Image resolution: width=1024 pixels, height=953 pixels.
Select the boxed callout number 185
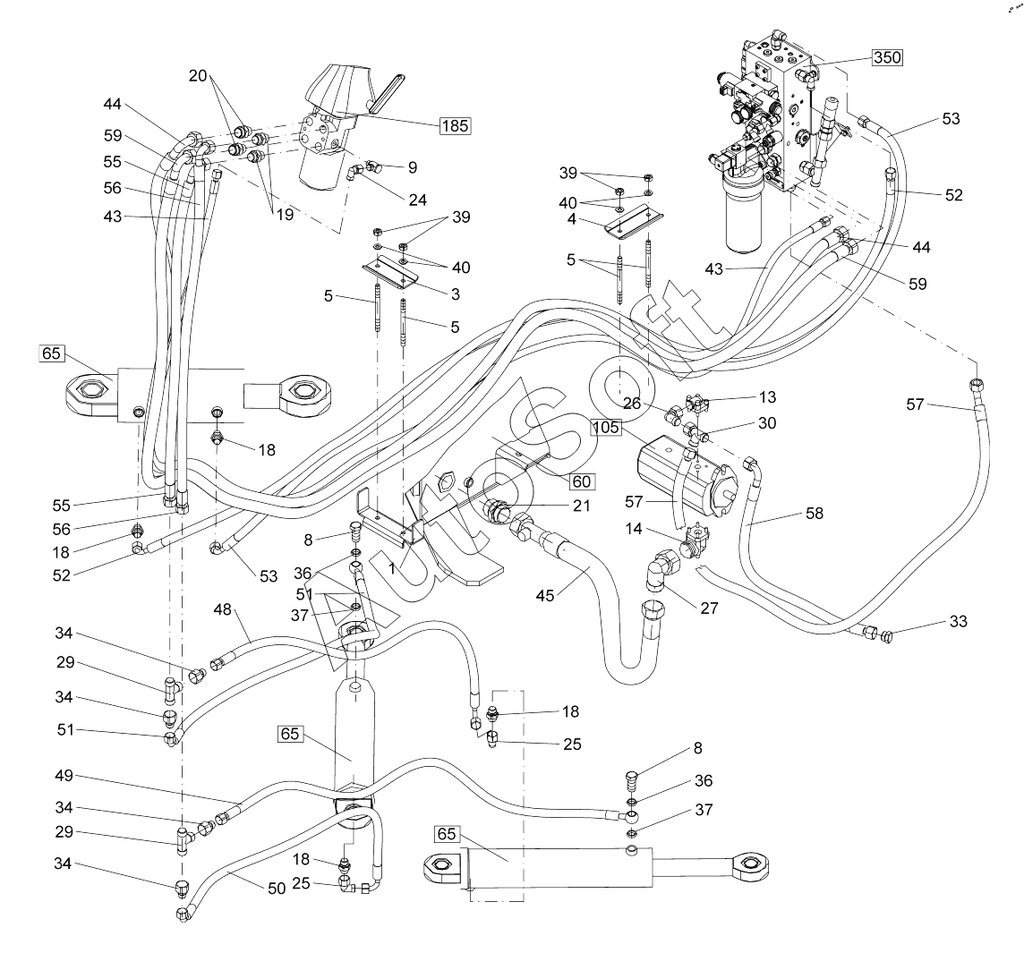tap(455, 124)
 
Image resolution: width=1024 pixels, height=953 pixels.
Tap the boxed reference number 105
tap(606, 427)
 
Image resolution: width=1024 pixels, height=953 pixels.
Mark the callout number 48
tap(223, 609)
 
